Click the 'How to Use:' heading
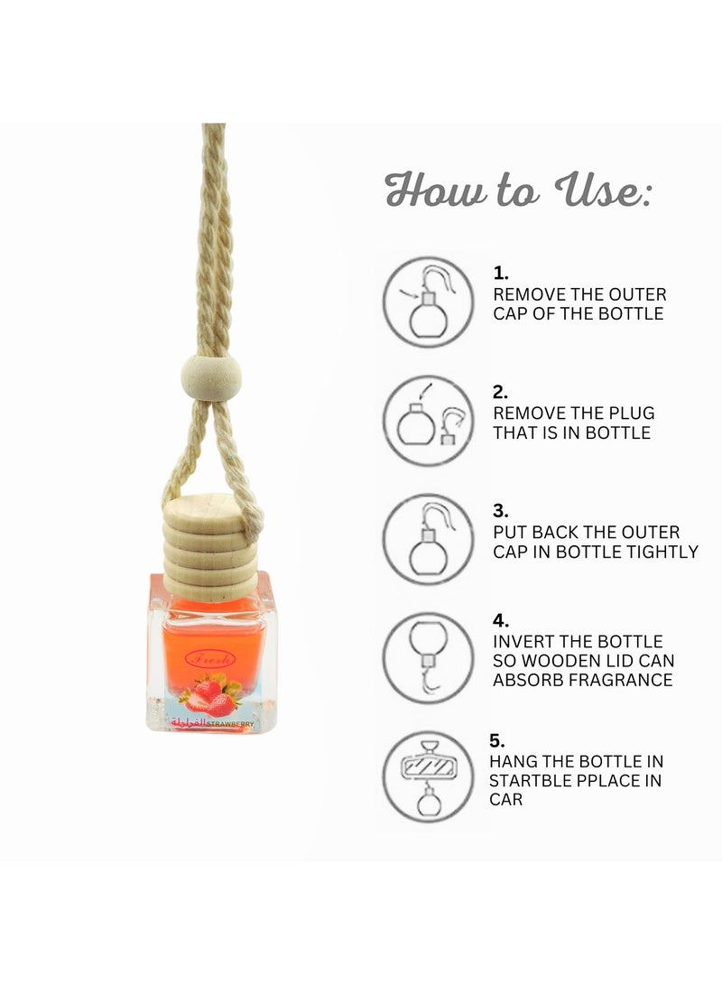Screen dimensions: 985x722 coord(517,191)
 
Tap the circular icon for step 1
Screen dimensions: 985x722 coord(428,302)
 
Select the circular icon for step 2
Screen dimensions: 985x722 coord(428,421)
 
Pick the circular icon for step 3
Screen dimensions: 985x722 coord(428,539)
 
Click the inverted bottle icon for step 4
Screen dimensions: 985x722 coord(428,657)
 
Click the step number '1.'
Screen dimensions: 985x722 coord(501,273)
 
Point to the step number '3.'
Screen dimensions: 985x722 coord(501,510)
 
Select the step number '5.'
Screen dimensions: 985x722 coord(497,740)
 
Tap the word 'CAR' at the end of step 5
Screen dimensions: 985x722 coord(507,800)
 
